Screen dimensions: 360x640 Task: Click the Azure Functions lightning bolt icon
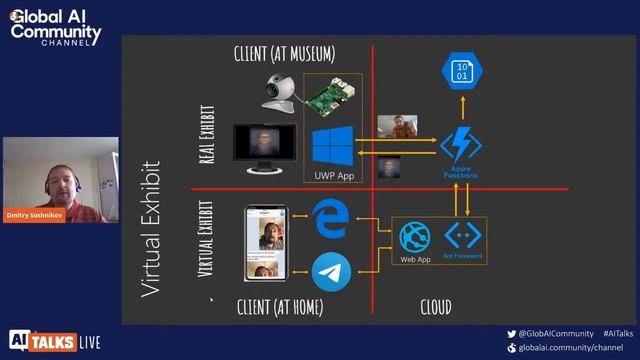(x=460, y=145)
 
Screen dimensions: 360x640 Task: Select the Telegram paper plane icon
(x=328, y=270)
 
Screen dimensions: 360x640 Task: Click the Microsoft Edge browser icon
(x=328, y=220)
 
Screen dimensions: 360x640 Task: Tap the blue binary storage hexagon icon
(x=461, y=71)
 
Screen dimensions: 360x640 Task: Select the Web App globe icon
(x=415, y=236)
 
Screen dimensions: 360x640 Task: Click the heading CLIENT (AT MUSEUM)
(x=284, y=54)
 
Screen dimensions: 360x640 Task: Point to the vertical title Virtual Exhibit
(x=150, y=229)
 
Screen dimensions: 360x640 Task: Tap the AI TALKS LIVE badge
(x=55, y=341)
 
